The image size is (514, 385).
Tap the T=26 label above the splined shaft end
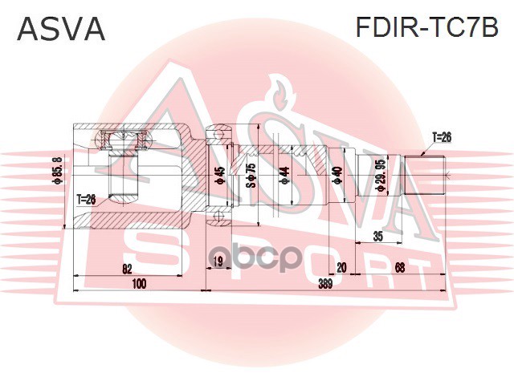[442, 137]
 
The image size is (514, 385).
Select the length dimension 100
[139, 283]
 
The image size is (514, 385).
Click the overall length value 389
[325, 283]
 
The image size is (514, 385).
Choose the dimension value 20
[341, 267]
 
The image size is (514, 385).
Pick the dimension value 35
[377, 237]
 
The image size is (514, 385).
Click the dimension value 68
[399, 267]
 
